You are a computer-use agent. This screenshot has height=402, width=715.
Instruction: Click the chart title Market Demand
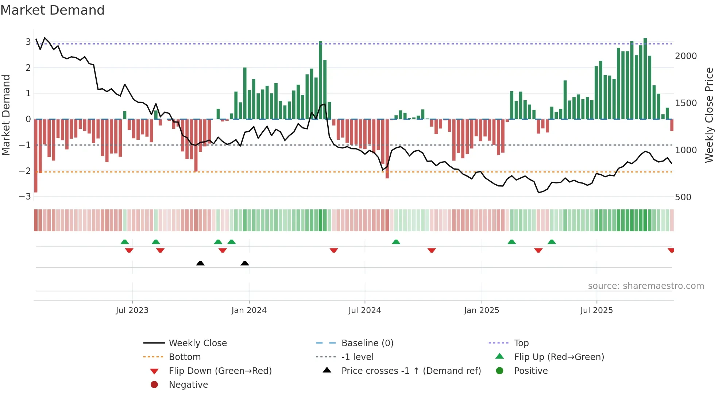(53, 10)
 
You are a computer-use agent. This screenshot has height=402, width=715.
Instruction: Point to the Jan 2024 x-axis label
(249, 310)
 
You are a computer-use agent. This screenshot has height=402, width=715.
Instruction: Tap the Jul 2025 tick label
(596, 310)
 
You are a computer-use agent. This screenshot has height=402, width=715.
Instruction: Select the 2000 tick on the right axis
(686, 56)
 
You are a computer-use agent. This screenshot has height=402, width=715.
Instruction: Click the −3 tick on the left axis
(25, 197)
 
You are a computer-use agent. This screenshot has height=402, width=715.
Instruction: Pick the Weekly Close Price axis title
(709, 115)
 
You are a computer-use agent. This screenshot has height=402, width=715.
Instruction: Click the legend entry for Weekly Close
(197, 343)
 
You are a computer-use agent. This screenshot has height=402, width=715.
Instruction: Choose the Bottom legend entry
(185, 357)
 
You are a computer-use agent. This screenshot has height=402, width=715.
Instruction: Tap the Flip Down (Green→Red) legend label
(220, 371)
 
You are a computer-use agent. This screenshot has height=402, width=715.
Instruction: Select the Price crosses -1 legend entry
(411, 371)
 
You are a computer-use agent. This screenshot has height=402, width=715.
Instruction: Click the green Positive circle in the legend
(500, 371)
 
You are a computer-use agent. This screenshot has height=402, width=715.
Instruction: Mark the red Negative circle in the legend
(154, 385)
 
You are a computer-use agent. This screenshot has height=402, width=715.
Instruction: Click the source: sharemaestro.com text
(646, 286)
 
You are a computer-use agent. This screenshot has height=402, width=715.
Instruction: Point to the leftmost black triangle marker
(200, 263)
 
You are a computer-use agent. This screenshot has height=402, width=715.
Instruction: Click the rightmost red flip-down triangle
(671, 250)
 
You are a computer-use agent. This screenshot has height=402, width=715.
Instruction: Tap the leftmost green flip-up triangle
(125, 242)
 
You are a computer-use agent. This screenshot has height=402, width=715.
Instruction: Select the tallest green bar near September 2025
(645, 78)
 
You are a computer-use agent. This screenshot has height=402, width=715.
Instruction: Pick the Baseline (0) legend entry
(367, 343)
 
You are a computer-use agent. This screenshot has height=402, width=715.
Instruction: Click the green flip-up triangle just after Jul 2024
(396, 242)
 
